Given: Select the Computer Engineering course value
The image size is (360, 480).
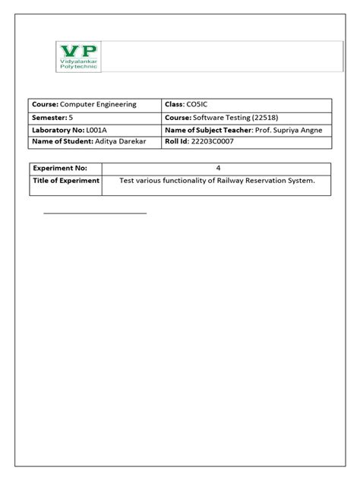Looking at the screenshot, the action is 98,105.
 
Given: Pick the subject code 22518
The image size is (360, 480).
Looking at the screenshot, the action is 289,118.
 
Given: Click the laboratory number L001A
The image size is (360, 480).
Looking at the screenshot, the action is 103,130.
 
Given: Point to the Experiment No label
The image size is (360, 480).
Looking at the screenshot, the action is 60,168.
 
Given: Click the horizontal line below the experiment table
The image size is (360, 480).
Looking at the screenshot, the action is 95,213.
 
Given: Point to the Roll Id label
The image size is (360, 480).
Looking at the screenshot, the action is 178,142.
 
